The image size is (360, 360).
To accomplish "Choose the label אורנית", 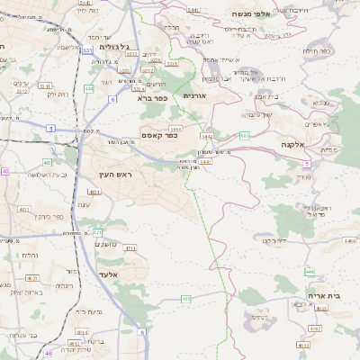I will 195,94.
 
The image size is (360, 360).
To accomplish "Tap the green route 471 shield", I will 98,232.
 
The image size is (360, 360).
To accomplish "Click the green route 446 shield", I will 310,271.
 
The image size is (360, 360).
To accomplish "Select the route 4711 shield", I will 130,248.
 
